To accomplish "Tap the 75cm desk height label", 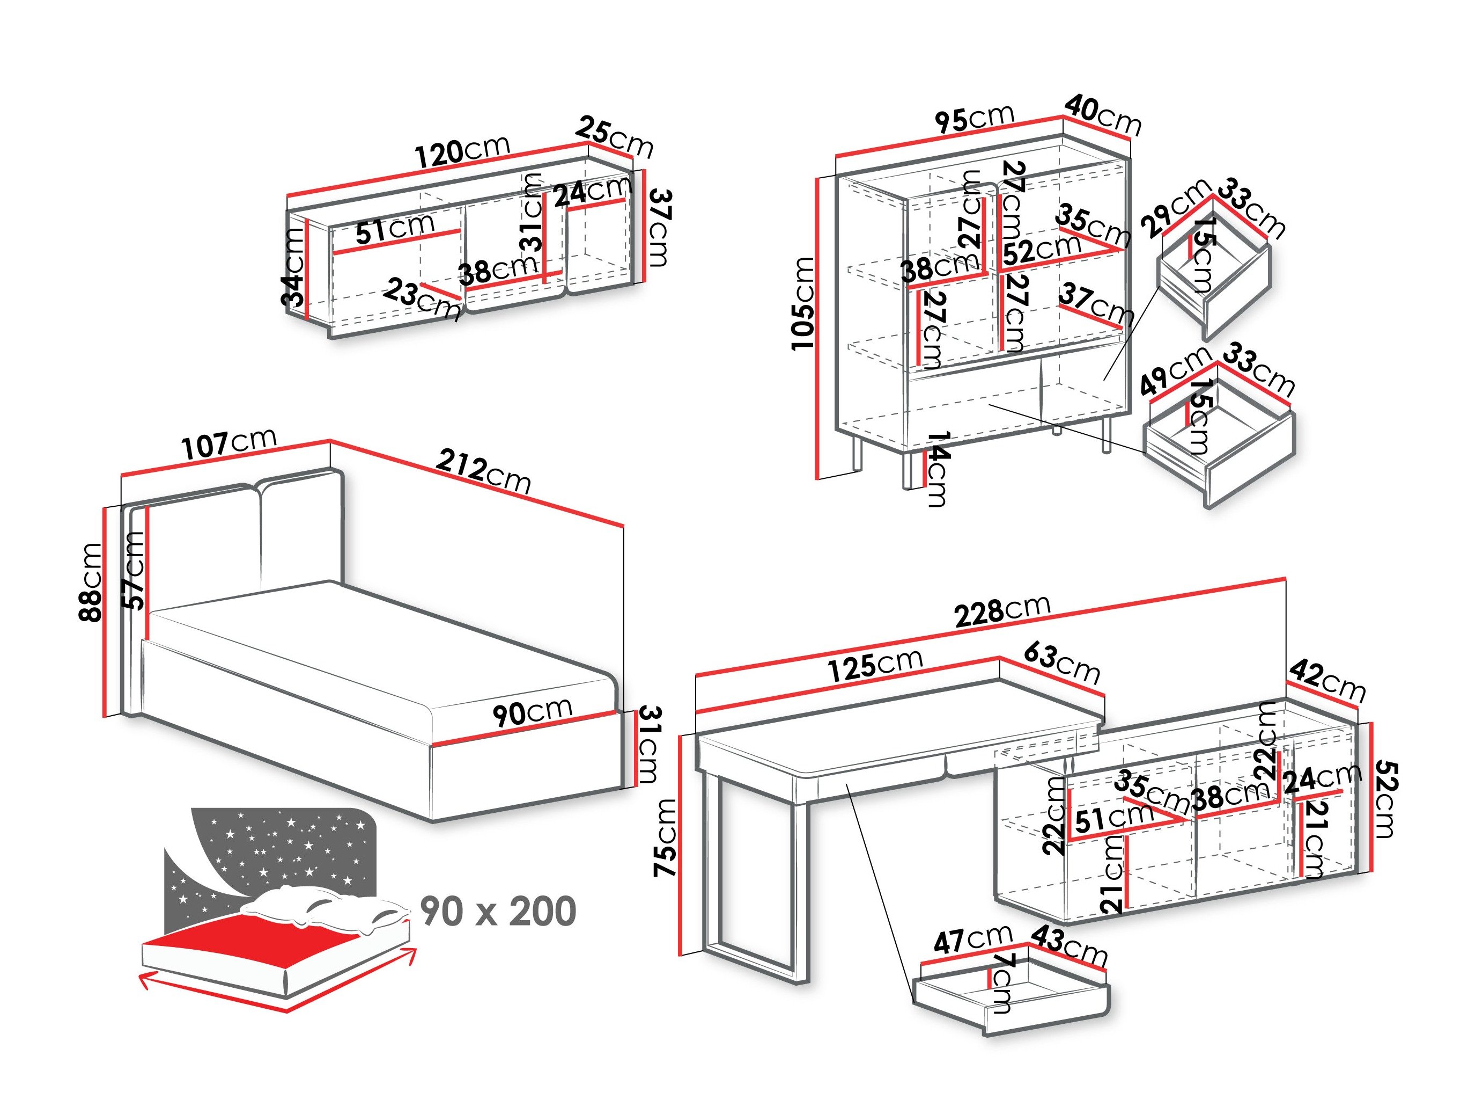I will tap(667, 837).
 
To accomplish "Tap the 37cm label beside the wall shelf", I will tap(660, 227).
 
